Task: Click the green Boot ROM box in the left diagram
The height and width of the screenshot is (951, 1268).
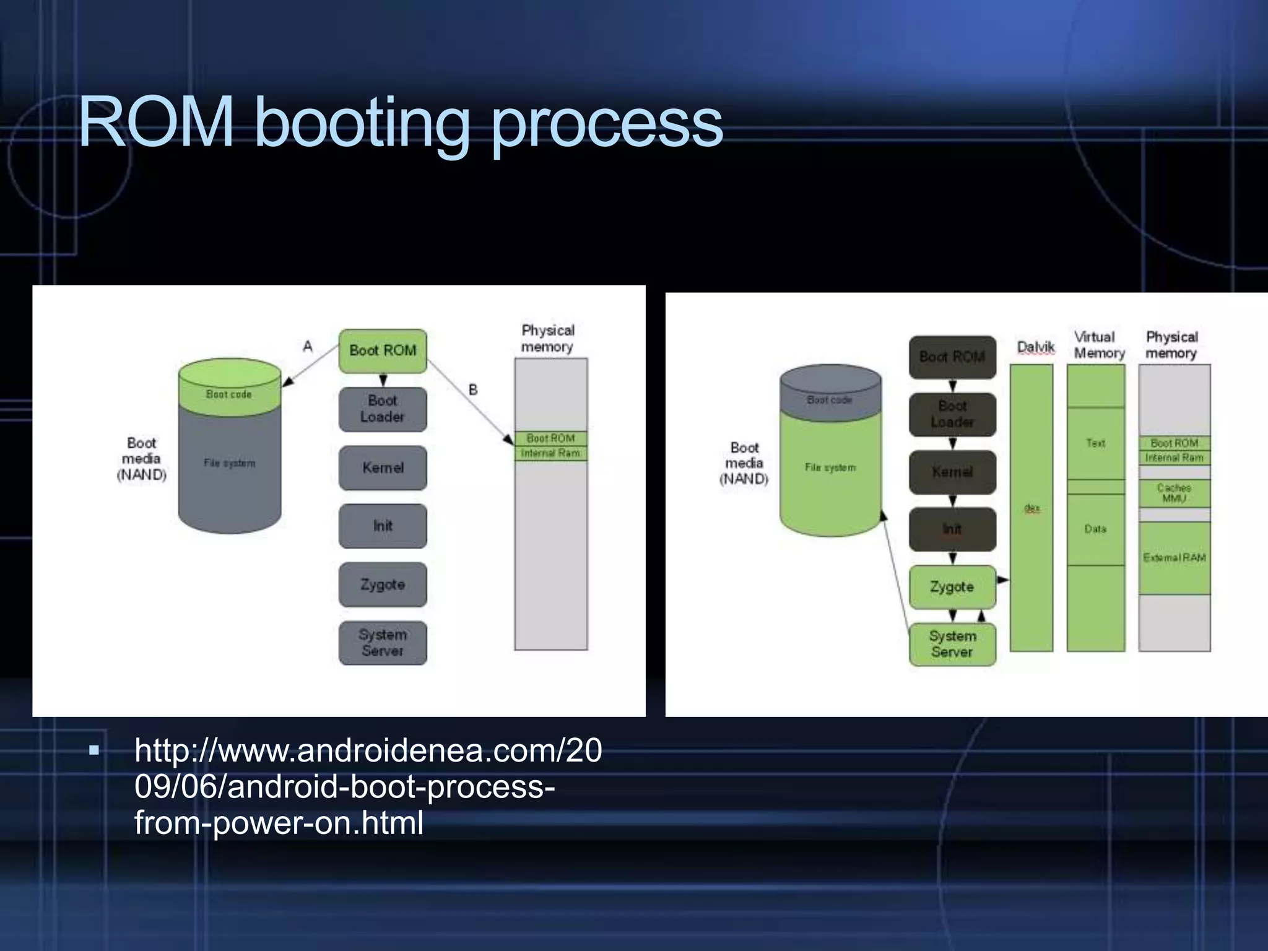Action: (383, 350)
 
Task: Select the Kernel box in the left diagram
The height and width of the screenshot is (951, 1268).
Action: (383, 467)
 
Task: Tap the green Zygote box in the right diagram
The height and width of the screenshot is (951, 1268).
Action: (952, 586)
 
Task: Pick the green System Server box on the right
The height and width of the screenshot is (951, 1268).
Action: (952, 644)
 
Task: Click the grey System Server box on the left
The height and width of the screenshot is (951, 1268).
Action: (383, 643)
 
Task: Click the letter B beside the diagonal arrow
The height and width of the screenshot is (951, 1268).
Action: (473, 389)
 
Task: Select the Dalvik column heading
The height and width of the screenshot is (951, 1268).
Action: (1035, 347)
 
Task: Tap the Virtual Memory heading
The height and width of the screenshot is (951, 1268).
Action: (1098, 345)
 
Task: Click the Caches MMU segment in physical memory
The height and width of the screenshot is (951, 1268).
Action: (1174, 493)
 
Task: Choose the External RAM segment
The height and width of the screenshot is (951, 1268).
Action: (1174, 557)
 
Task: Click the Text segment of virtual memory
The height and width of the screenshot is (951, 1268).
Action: (1095, 443)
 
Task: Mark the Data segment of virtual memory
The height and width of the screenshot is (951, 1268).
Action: (1095, 529)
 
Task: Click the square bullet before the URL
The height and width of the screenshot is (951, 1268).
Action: (94, 751)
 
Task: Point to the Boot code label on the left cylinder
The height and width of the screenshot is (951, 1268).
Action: (229, 394)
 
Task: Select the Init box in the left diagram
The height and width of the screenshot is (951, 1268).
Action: (383, 526)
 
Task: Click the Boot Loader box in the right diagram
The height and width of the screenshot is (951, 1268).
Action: (952, 414)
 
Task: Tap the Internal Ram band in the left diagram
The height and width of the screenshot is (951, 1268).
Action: (550, 453)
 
